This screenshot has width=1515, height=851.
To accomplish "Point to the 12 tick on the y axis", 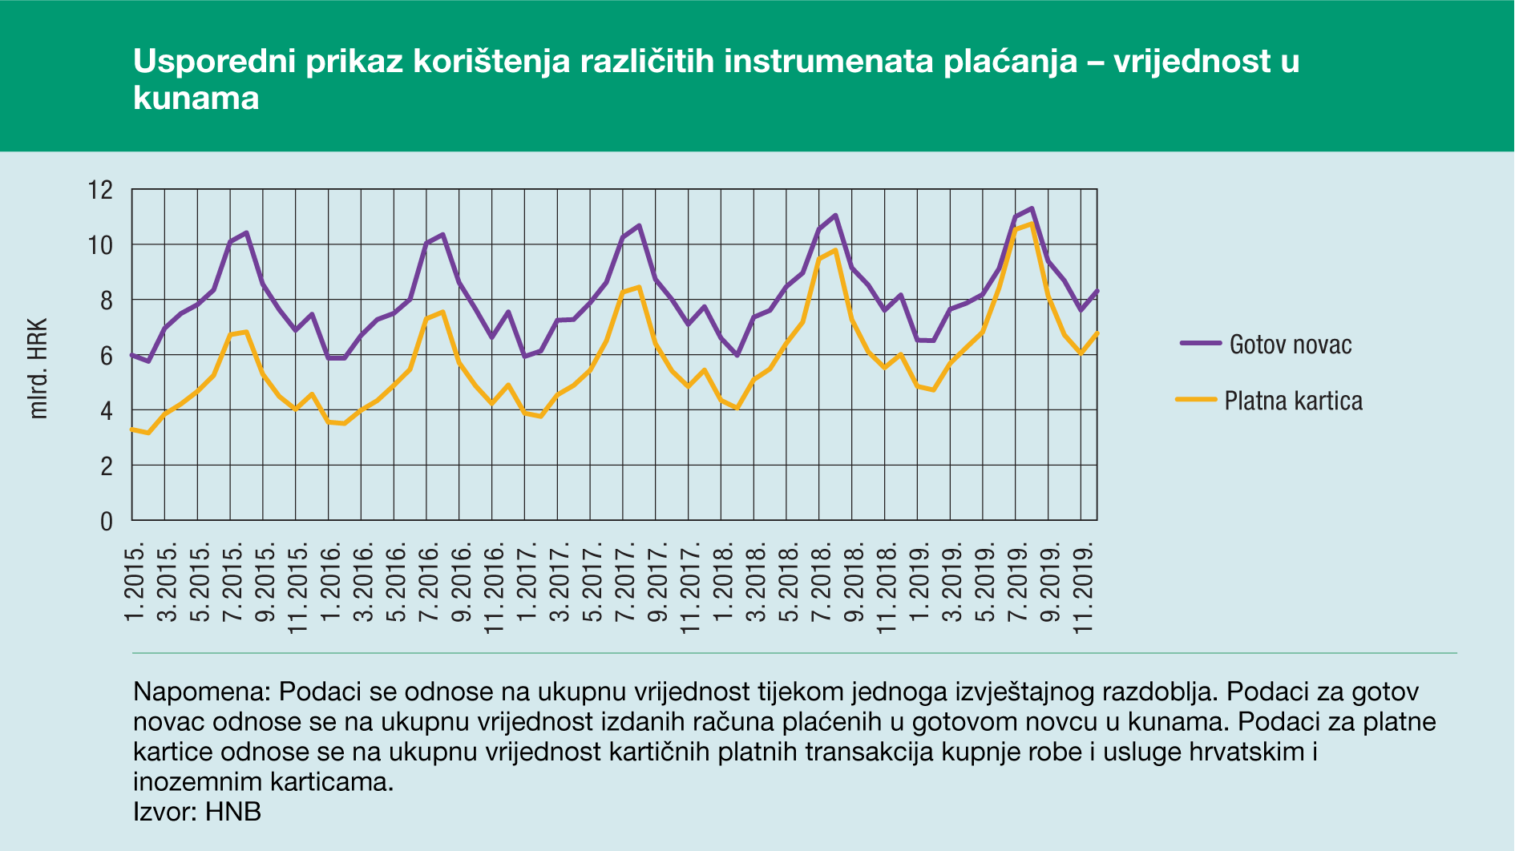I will [x=101, y=190].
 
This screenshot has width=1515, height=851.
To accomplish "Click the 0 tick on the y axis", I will [x=107, y=522].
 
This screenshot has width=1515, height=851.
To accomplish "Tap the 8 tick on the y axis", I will [x=107, y=300].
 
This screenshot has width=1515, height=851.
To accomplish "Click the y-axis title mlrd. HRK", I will [x=38, y=369].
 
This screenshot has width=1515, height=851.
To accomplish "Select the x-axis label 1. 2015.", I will [x=134, y=582].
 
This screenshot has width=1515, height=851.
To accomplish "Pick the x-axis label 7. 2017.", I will [x=624, y=582].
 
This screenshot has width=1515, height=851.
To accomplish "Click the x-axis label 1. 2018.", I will [x=723, y=582].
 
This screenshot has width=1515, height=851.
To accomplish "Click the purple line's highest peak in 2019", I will [x=1032, y=208].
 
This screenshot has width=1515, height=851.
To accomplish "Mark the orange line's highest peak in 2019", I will [x=1032, y=223].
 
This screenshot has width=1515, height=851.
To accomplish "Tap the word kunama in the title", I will [x=196, y=98].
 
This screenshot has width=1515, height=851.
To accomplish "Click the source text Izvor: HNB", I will [x=197, y=812].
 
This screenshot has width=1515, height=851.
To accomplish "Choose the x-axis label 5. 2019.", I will [x=984, y=582].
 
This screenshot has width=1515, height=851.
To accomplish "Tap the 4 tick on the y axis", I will [x=107, y=411].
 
